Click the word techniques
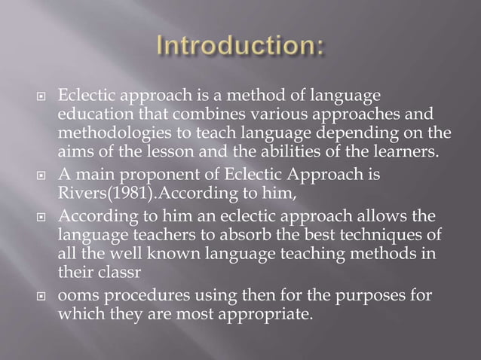[363, 234]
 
